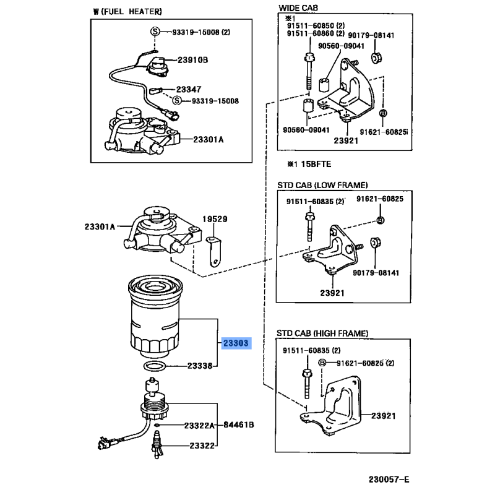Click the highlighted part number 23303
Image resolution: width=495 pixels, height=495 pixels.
click(235, 342)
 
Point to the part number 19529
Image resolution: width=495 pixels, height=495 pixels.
click(216, 219)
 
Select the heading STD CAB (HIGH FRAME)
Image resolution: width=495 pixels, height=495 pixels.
click(322, 334)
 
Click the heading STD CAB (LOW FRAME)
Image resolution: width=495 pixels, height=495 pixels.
click(322, 185)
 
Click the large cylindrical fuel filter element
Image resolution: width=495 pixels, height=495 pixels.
click(157, 322)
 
